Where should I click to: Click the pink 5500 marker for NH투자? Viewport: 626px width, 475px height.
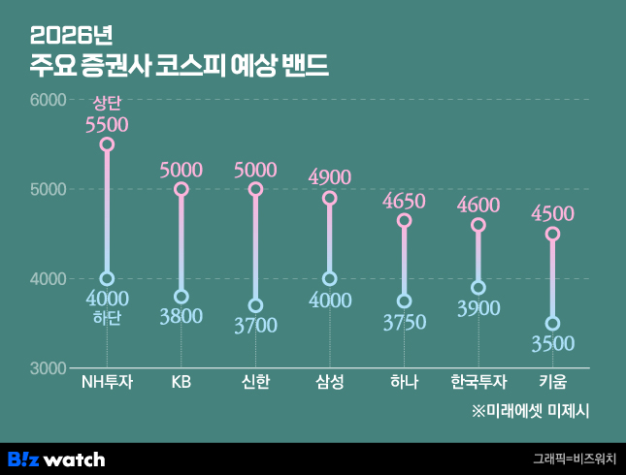pos(107,144)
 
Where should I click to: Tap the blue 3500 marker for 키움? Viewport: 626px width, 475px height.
pos(552,324)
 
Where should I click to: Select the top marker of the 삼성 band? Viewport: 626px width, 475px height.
pos(330,198)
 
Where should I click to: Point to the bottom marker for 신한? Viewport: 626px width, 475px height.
pos(255,305)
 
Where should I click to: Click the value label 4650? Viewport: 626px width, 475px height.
pos(404,202)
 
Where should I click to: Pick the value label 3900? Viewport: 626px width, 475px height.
pos(478,309)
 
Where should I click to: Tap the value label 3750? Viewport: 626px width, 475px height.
pos(404,323)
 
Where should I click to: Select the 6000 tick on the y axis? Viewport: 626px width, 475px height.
pos(48,100)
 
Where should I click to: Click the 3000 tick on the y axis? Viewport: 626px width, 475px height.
pos(48,368)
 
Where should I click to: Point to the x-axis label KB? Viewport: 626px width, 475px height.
pos(181,383)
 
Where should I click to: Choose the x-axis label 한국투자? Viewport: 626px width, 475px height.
pos(478,383)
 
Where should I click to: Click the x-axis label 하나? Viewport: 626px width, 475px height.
pos(404,383)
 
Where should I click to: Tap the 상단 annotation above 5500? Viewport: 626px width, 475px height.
pos(106,104)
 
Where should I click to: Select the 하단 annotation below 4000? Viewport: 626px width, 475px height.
pos(106,319)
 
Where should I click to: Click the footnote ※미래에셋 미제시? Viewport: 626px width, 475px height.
pos(531,410)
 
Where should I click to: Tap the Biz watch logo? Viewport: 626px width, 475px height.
pos(56,459)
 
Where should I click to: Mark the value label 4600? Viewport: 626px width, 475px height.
pos(478,206)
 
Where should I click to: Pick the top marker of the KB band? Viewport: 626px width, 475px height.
pos(181,189)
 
